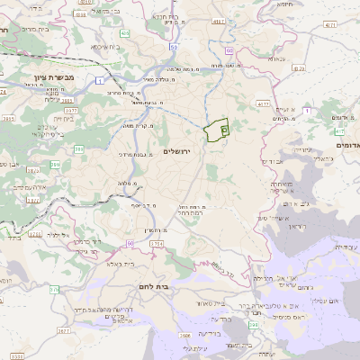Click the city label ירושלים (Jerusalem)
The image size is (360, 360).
[x=181, y=149]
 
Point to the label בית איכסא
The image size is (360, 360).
[x=110, y=46]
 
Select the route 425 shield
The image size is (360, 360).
[x=124, y=33]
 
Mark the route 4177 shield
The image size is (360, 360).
[x=263, y=105]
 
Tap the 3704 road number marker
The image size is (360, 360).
[x=156, y=243]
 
